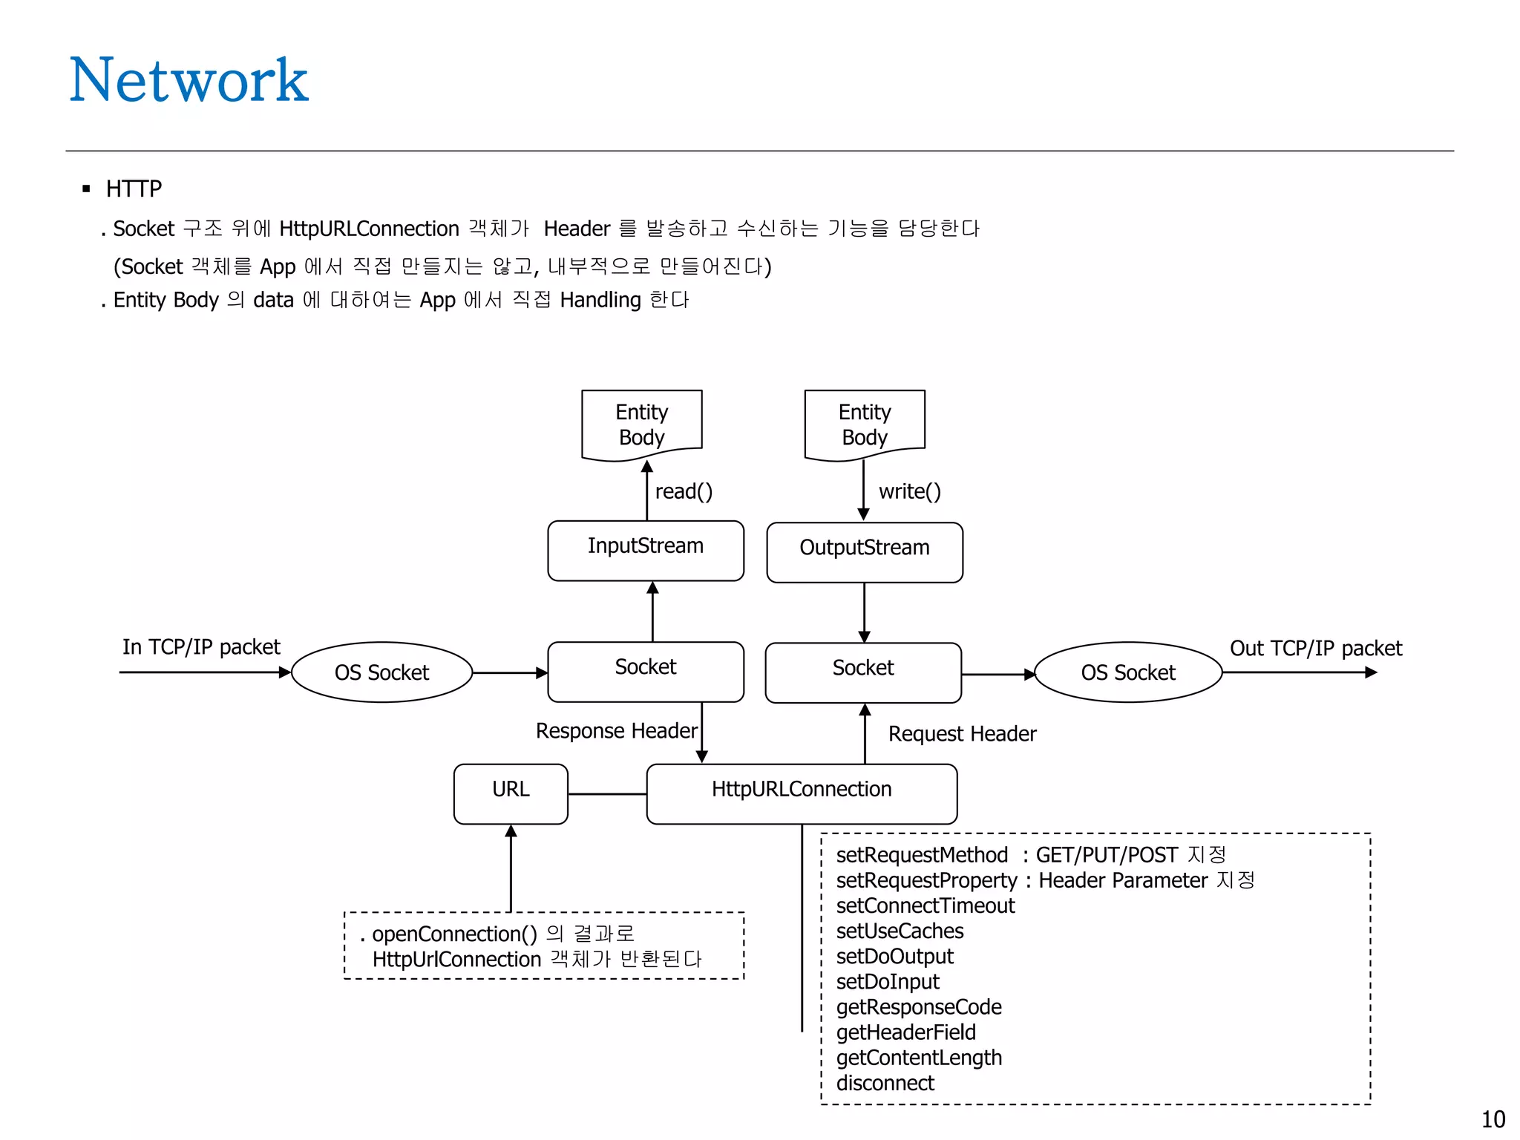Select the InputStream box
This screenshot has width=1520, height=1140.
pos(645,550)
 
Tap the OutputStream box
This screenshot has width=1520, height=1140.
pos(864,551)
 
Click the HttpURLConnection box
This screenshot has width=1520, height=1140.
pos(801,793)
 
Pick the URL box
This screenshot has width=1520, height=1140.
pos(511,793)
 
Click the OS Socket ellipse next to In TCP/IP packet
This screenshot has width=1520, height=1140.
pos(381,672)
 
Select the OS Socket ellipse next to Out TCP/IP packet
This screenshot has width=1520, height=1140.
pos(1127,672)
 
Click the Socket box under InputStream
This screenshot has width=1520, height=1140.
pos(645,671)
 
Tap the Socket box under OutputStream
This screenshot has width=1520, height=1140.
pos(862,672)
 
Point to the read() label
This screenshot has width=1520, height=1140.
pos(684,491)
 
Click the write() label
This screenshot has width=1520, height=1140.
pos(909,491)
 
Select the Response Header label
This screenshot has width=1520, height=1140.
pos(616,731)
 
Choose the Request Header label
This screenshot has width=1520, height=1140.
pos(962,734)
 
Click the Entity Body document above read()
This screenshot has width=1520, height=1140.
pos(642,425)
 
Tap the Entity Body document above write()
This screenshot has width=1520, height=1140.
pos(865,425)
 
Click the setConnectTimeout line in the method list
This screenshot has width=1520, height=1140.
pos(925,905)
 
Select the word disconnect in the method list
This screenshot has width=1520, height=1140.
pos(885,1083)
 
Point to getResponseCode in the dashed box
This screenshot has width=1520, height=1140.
pos(919,1007)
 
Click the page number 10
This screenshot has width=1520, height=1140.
pos(1493,1119)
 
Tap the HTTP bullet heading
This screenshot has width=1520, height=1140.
pos(134,189)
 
